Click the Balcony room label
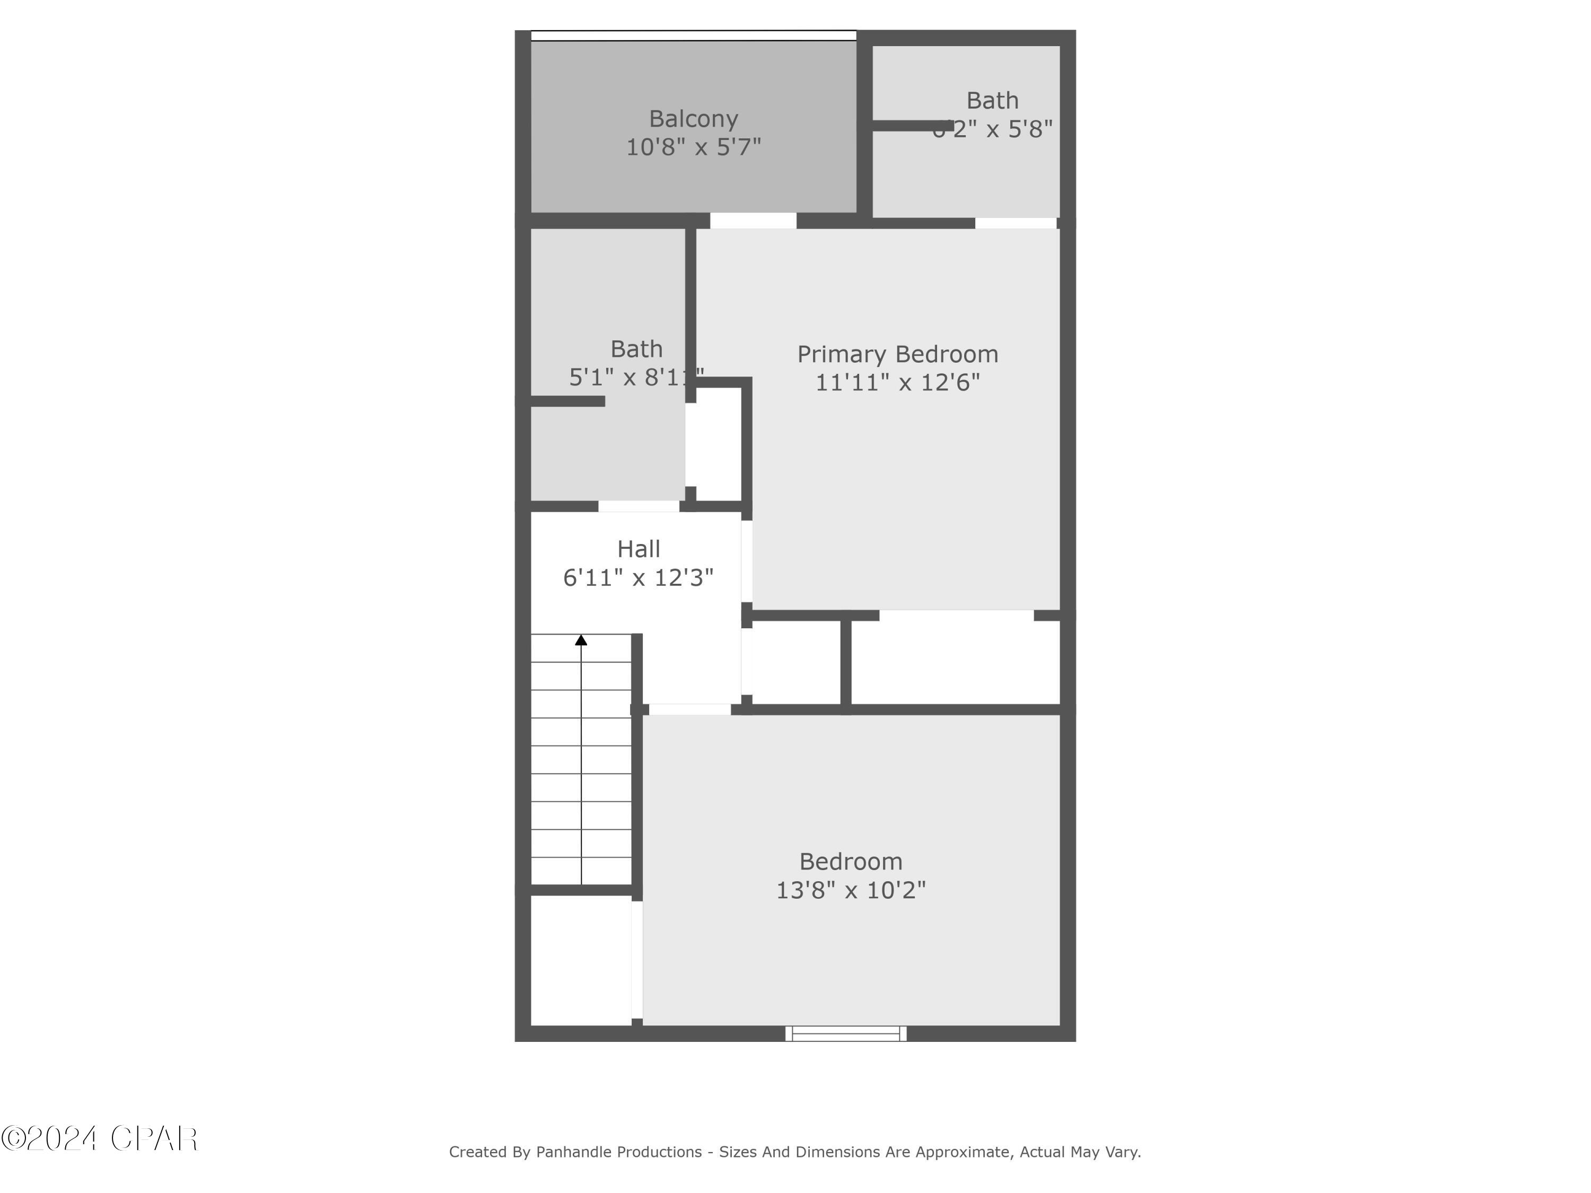[x=693, y=119]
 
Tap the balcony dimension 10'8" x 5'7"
[x=693, y=147]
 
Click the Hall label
[x=638, y=549]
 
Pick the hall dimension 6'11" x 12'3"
[x=638, y=577]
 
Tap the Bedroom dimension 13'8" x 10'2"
[x=850, y=890]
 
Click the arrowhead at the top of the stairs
[x=581, y=640]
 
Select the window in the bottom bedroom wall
[x=845, y=1033]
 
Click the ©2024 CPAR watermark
[x=99, y=1138]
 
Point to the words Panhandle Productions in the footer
[x=618, y=1152]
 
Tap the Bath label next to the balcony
[x=992, y=101]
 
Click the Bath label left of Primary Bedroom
[x=636, y=349]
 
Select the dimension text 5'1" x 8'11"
[x=636, y=378]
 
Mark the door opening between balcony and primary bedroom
[x=753, y=221]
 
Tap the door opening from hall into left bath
[x=639, y=506]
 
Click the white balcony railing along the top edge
[x=693, y=35]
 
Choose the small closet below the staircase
[x=580, y=960]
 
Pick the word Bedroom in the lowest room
[x=850, y=862]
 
